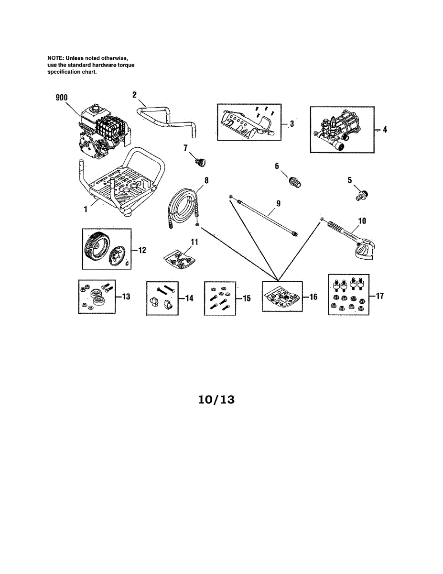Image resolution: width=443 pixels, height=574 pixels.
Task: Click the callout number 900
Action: tap(61, 98)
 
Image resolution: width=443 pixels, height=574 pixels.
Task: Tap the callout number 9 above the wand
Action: tap(278, 203)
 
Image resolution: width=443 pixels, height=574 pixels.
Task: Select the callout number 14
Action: tap(189, 298)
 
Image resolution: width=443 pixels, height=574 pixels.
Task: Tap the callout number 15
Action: tap(247, 298)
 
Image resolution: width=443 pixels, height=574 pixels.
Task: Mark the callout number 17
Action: tap(379, 296)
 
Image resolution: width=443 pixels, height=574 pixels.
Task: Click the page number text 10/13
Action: tap(216, 399)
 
